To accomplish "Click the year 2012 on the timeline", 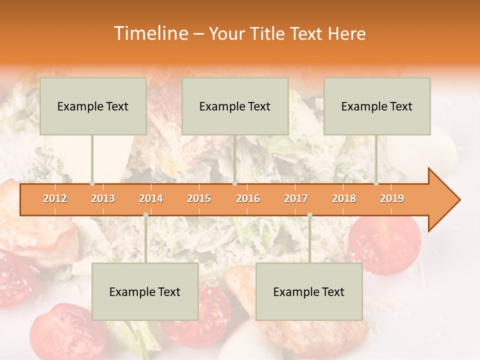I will point(55,199).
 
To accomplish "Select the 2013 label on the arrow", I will point(103,199).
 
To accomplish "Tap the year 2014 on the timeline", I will point(151,199).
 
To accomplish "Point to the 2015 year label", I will point(199,199).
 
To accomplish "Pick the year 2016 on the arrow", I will point(248,199).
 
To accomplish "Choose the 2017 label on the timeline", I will point(296,199).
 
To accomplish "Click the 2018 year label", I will point(344,199).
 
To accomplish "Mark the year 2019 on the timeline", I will point(392,199).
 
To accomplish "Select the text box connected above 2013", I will point(93,106).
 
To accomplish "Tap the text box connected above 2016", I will point(235,106).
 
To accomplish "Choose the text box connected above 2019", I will point(377,106).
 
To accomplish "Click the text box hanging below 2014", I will point(145,291).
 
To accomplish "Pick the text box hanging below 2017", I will point(309,291).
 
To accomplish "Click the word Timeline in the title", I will point(150,33).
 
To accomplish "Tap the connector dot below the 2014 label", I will point(145,214).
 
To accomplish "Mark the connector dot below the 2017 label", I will point(309,214).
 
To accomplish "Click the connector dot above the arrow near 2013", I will point(92,183).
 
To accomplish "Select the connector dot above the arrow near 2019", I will point(376,183).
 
